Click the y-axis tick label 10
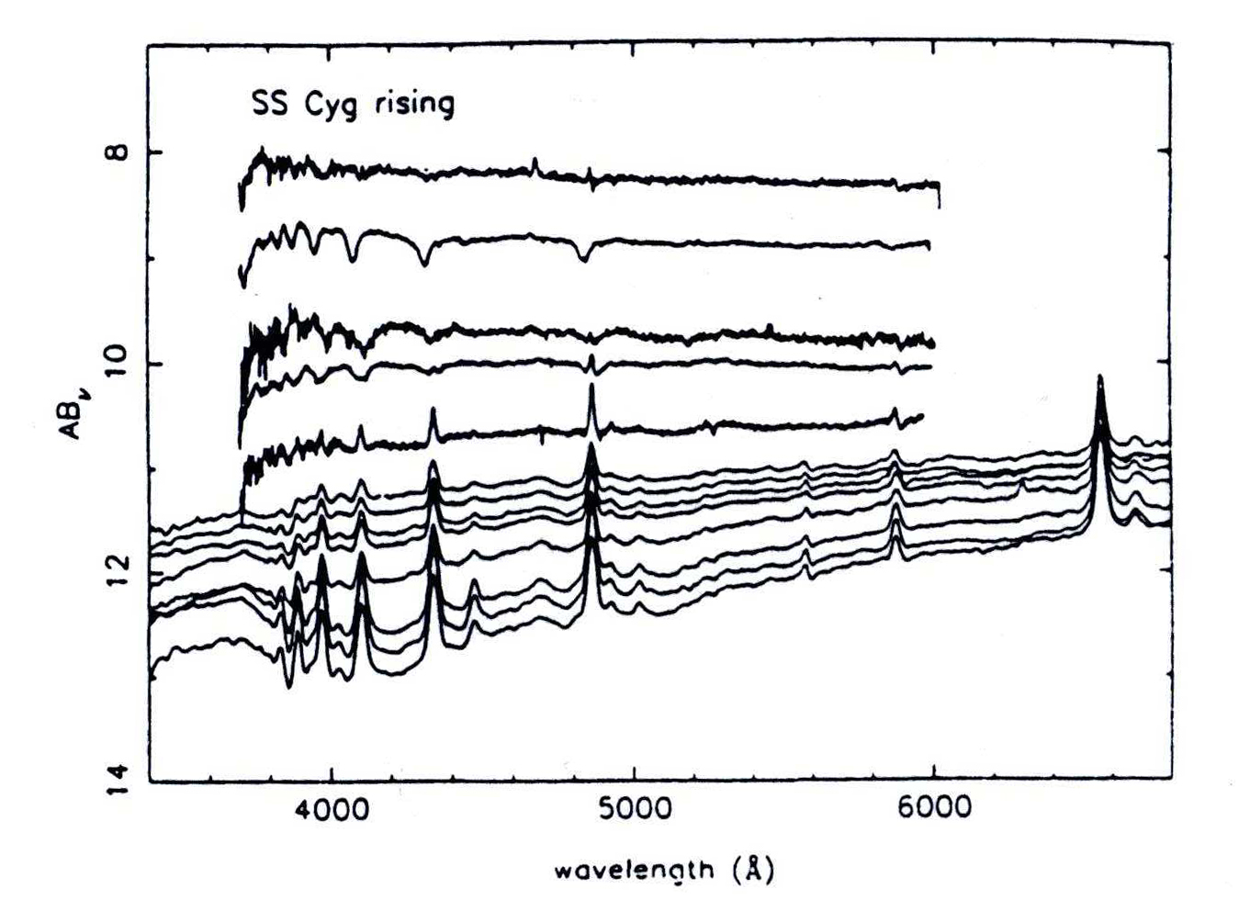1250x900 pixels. click(117, 363)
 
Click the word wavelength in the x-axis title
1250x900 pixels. click(634, 868)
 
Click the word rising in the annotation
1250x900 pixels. click(414, 103)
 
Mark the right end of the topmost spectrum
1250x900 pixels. click(938, 187)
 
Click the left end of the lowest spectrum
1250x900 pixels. click(152, 675)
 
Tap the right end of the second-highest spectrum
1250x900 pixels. click(929, 244)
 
